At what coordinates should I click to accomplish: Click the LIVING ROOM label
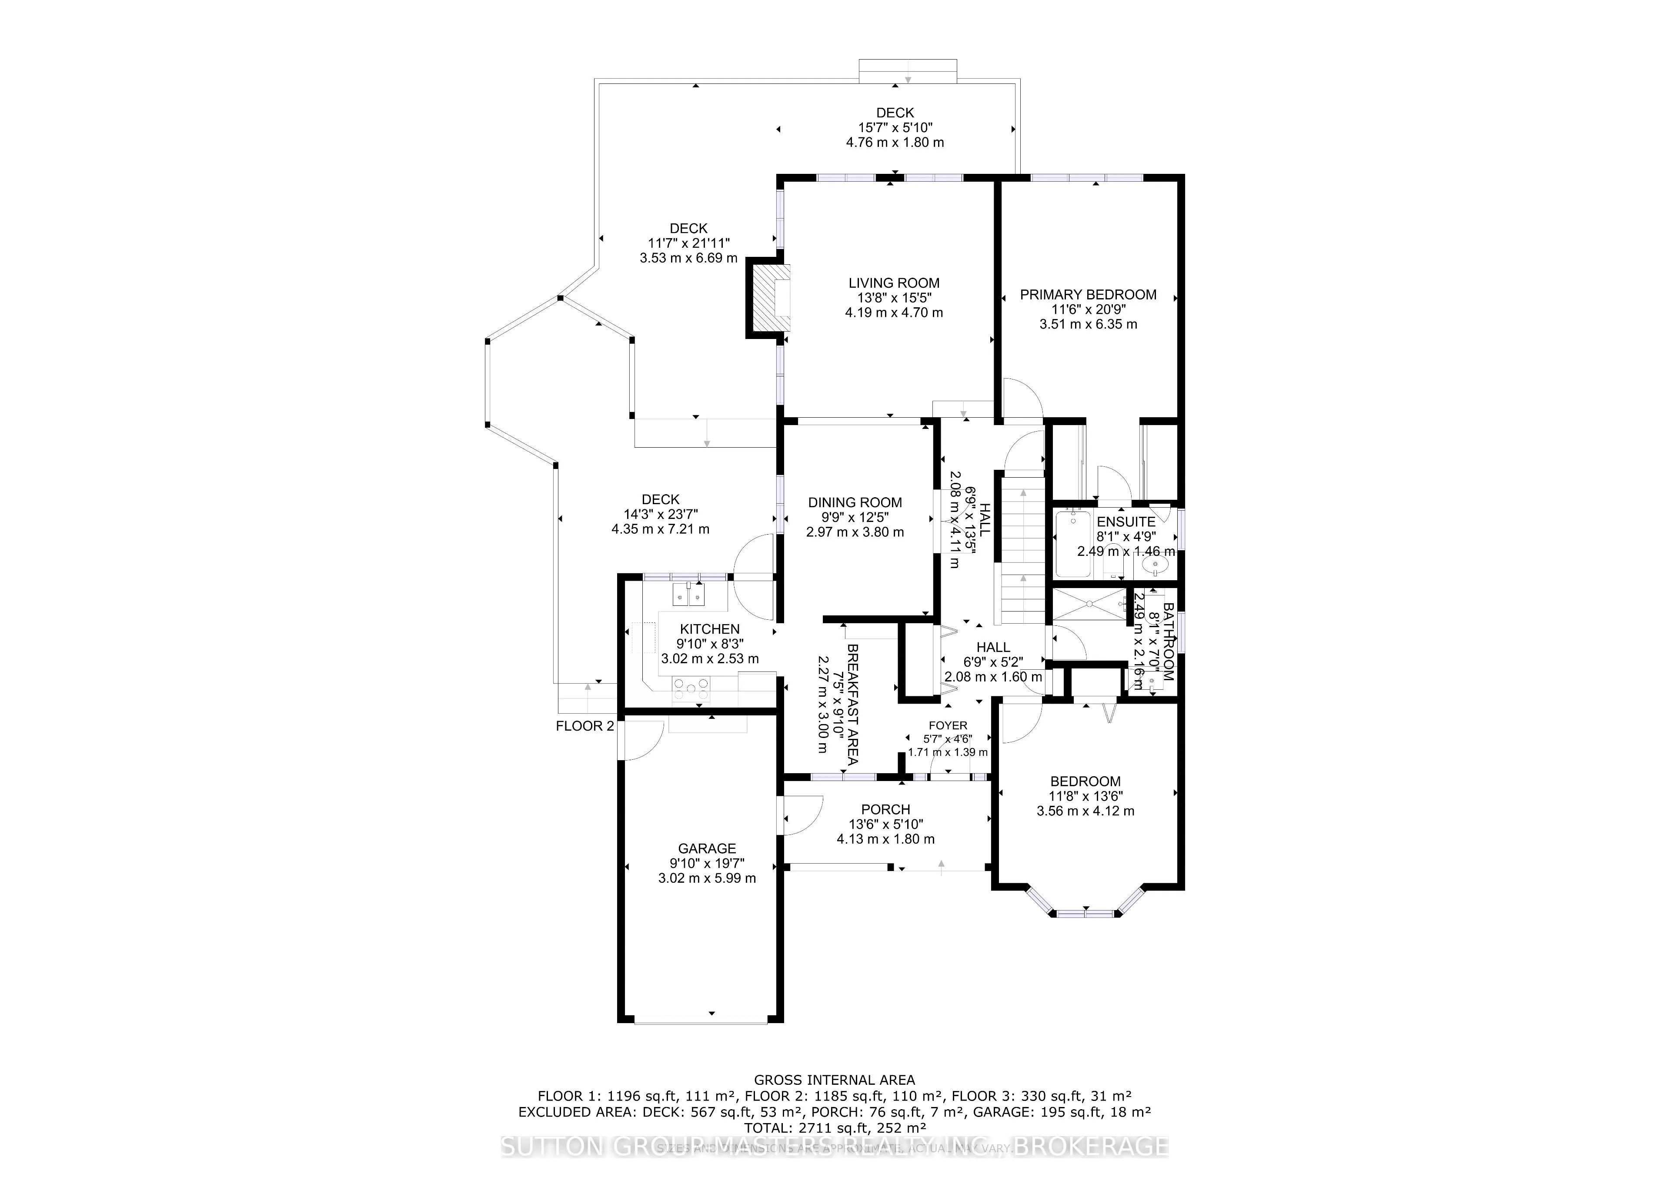point(894,283)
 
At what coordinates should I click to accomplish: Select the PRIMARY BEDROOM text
point(1088,294)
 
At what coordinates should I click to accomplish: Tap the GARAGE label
point(707,848)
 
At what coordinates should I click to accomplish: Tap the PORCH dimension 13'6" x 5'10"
point(886,824)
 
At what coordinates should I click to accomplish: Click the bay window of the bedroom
point(1085,909)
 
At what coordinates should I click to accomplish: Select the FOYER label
point(948,725)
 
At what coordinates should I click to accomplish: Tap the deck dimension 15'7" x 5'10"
point(895,127)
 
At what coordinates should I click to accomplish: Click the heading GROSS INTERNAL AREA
point(834,1080)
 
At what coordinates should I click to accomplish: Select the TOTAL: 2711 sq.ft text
point(834,1128)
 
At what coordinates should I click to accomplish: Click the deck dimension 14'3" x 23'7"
point(661,514)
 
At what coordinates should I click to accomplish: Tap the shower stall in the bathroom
point(1089,605)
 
